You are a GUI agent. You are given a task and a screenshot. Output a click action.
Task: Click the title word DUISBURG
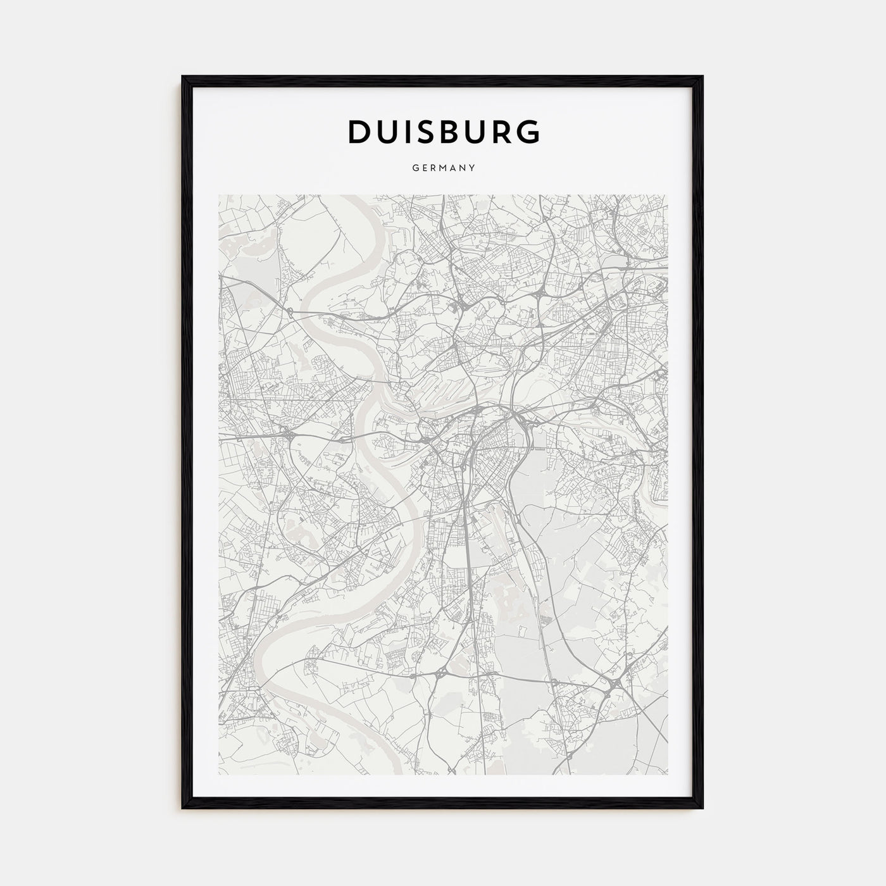coord(444,131)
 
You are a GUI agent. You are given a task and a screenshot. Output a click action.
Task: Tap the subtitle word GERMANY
coord(444,168)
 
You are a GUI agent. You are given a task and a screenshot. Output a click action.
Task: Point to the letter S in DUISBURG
coord(423,131)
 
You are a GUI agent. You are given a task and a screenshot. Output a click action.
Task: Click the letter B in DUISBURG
coord(449,131)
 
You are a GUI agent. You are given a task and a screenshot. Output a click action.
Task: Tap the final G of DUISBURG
coord(528,131)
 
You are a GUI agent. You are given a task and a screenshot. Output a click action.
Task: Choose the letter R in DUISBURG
coord(502,131)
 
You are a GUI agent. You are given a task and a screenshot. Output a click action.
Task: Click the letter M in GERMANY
coord(444,168)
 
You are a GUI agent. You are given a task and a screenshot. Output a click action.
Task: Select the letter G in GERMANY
coord(415,168)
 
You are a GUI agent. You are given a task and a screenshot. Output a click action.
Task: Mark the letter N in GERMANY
coord(463,168)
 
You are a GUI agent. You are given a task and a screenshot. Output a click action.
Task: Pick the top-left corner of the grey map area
coord(219,196)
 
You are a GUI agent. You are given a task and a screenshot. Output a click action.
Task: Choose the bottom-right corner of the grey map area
coord(668,775)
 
